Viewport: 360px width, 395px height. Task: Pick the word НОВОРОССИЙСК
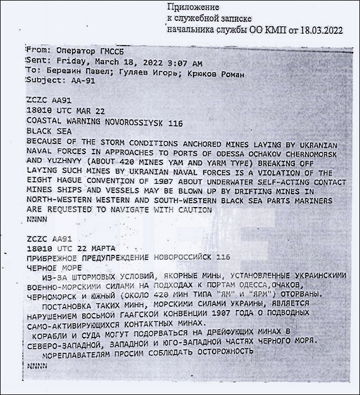187,257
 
